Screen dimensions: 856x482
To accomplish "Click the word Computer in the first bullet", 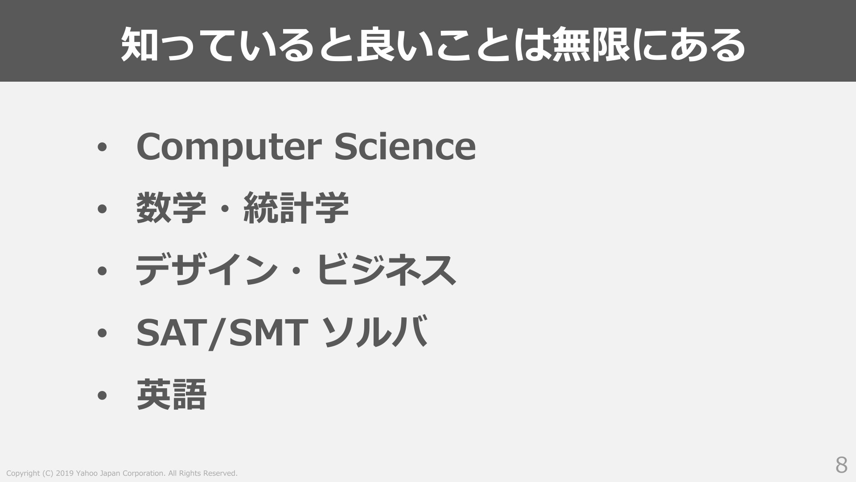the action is point(229,147).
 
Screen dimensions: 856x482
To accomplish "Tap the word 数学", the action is point(171,208).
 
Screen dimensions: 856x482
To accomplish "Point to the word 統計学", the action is point(296,208).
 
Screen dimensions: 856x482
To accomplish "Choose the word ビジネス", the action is point(386,270).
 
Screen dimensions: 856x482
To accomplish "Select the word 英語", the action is point(171,395).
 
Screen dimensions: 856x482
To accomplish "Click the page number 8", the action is point(841,465).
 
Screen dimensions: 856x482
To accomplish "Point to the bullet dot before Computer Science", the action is point(102,147).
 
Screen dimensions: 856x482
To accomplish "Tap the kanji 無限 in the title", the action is point(591,45).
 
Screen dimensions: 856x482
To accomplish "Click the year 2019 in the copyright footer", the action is point(65,473).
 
